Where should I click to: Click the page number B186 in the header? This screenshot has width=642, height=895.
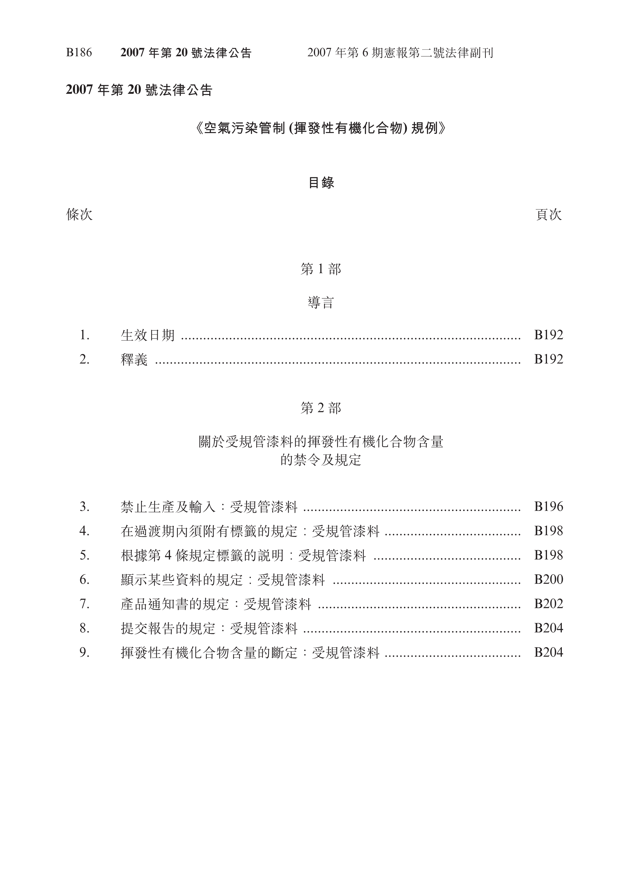pyautogui.click(x=79, y=53)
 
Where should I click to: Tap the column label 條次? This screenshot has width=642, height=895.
pyautogui.click(x=79, y=215)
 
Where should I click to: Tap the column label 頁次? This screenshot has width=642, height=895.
pyautogui.click(x=549, y=215)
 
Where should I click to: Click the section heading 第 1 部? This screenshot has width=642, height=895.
pyautogui.click(x=321, y=269)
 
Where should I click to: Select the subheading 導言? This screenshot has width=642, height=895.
pyautogui.click(x=321, y=303)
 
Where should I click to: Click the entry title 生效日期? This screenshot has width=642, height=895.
pyautogui.click(x=148, y=335)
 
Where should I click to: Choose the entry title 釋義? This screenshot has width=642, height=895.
pyautogui.click(x=134, y=360)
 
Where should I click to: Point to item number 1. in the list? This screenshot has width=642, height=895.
pyautogui.click(x=84, y=335)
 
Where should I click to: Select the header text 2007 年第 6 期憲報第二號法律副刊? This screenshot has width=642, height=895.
pyautogui.click(x=400, y=53)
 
